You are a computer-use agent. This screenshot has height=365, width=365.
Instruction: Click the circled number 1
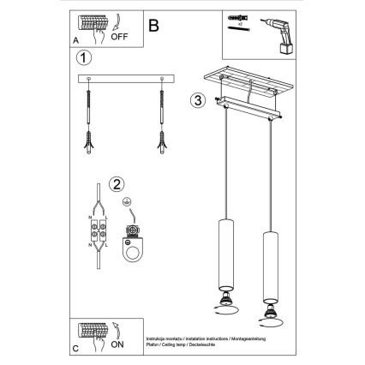[83, 59]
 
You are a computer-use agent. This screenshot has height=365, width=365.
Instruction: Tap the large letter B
[153, 26]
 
